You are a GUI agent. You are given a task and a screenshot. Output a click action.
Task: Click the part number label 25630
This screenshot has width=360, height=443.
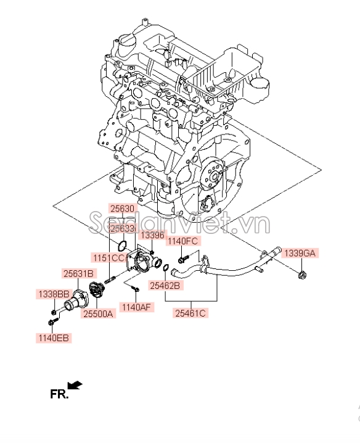pyautogui.click(x=122, y=209)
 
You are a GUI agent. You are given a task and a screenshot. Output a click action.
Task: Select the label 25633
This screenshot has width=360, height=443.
pyautogui.click(x=122, y=228)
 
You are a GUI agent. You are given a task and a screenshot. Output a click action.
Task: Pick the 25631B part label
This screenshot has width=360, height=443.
pyautogui.click(x=77, y=273)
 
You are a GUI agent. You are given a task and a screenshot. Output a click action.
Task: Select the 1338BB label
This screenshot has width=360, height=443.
pyautogui.click(x=52, y=294)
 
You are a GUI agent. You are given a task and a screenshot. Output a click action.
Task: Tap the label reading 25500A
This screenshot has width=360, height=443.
pyautogui.click(x=99, y=314)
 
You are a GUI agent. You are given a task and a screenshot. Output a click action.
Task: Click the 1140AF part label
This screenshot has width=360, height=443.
pyautogui.click(x=136, y=307)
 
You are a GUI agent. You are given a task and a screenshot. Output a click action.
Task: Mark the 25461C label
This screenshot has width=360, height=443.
pyautogui.click(x=190, y=313)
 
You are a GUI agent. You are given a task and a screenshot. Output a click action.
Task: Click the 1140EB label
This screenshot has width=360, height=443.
pyautogui.click(x=52, y=337)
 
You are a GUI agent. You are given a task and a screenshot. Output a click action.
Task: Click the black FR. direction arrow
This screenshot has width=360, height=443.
pyautogui.click(x=75, y=386)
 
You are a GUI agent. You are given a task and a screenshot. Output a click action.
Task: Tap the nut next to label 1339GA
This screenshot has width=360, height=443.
pyautogui.click(x=302, y=273)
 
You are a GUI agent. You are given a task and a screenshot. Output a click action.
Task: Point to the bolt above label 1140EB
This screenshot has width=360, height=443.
pyautogui.click(x=52, y=321)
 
